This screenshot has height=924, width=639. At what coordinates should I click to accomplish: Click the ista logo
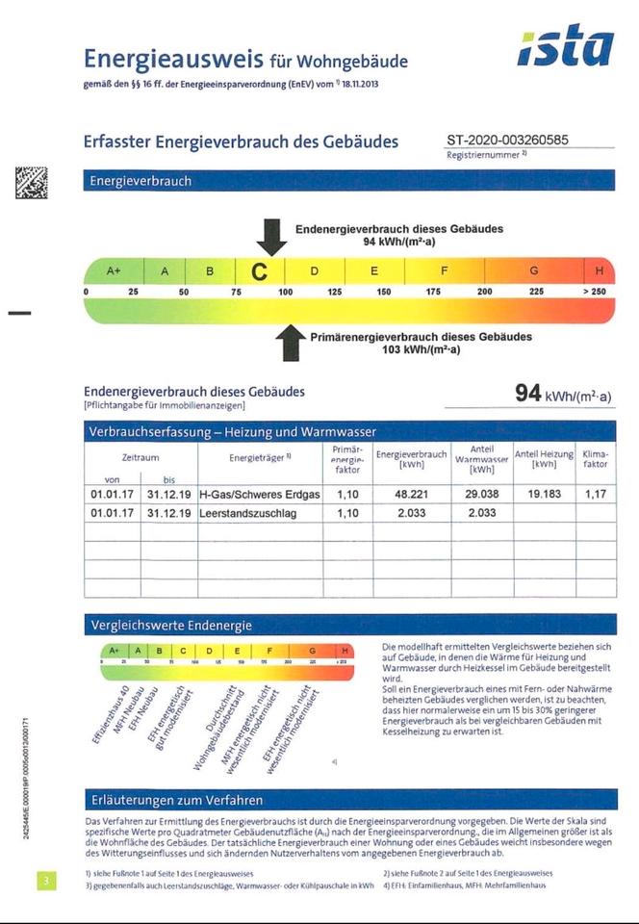(566, 47)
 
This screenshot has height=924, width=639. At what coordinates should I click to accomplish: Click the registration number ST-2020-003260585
(507, 140)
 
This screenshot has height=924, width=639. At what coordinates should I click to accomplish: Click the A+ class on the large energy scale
(115, 271)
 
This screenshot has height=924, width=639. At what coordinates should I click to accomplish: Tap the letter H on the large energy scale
(600, 271)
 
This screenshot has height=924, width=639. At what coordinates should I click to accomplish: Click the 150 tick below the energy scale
(384, 291)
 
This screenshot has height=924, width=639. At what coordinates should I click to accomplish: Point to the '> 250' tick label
(594, 291)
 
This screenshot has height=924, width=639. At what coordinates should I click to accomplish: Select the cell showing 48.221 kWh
(411, 494)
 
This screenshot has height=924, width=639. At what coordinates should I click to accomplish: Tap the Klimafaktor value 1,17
(596, 494)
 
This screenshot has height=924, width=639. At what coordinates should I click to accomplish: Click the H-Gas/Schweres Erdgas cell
(259, 494)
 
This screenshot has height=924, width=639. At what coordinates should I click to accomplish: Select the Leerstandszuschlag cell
(248, 513)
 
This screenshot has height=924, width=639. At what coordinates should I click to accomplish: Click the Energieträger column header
(259, 458)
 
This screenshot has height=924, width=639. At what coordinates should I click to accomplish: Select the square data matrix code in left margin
(31, 183)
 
